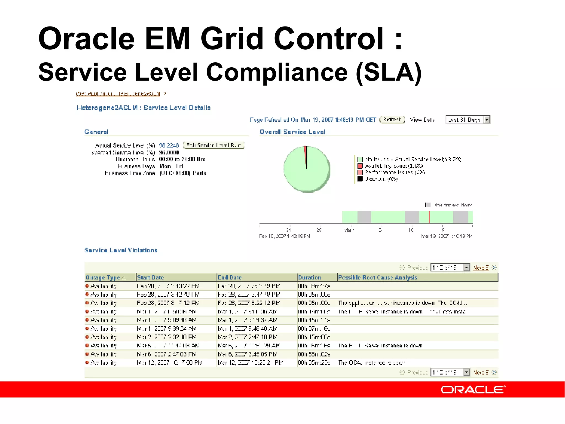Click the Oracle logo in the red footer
coord(473,389)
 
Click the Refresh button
coord(392,120)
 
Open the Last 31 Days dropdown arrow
coord(487,120)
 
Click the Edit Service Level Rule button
coord(214,145)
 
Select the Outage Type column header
coord(103,277)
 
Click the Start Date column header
coord(150,277)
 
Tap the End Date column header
coord(230,277)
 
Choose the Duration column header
coord(310,277)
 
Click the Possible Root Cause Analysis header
coord(378,277)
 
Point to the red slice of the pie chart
coord(305,153)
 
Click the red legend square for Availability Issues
coord(360,166)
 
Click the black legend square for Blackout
coord(360,179)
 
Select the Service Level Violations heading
coord(121,250)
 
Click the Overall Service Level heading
coord(292,132)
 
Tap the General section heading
coord(96,132)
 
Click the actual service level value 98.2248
coord(169,145)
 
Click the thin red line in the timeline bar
coord(429,217)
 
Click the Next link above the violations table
coord(481,267)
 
